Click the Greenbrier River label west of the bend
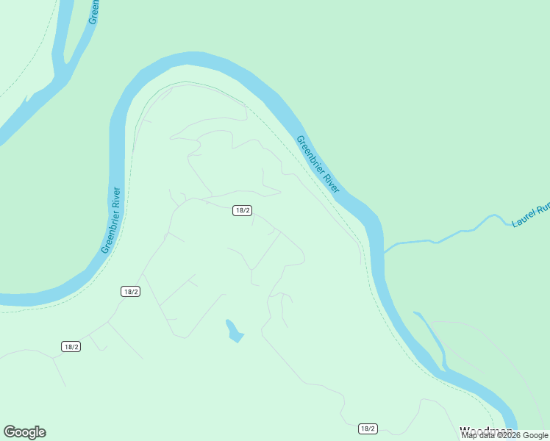point(111,220)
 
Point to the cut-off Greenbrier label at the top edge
point(93,12)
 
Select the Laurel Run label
point(530,215)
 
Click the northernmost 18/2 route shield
point(243,210)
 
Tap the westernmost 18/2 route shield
point(71,346)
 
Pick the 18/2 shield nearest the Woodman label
point(368,429)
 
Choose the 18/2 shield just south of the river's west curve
point(130,291)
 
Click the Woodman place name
point(485,431)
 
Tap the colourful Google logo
point(24,432)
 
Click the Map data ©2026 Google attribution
point(505,435)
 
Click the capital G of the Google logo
point(10,432)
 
